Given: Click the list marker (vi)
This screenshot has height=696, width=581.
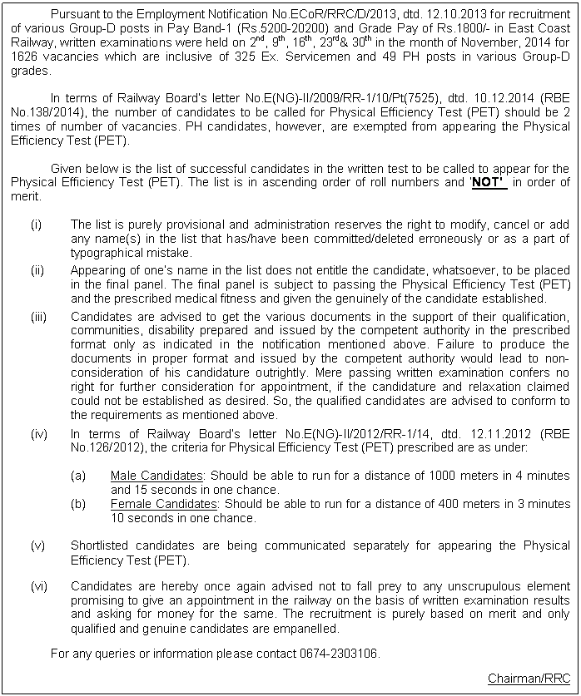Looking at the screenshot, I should click(38, 587).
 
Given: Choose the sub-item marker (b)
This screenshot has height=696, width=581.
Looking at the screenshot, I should click(79, 504).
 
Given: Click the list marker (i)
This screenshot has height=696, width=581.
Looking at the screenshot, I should click(35, 225).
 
